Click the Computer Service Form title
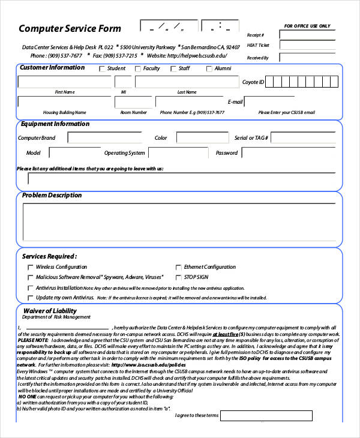point(70,29)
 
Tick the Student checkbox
point(102,69)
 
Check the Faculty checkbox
point(138,69)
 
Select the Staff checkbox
point(173,69)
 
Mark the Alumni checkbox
point(209,69)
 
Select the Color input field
point(198,138)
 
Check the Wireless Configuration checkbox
point(31,267)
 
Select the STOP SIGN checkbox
point(178,277)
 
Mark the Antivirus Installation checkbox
point(31,288)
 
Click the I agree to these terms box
point(266,416)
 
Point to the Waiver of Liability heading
point(49,311)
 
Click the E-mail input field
point(293,101)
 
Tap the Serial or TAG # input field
point(306,138)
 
